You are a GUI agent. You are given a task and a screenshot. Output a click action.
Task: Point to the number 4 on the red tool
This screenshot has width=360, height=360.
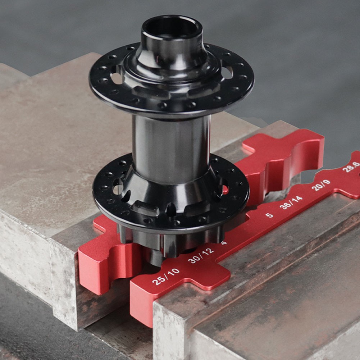[x=224, y=243]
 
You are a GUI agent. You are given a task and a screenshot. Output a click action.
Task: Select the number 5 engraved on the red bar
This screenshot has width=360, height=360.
[x=269, y=215]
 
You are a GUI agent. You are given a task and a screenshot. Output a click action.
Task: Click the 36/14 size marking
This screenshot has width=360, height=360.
[x=291, y=202]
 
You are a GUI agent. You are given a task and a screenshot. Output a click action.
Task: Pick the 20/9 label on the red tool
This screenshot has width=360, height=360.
[x=321, y=185]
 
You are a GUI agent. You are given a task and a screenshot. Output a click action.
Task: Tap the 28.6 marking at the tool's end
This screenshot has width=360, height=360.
[x=351, y=167]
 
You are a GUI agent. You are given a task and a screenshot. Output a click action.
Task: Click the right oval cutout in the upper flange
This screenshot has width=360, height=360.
[x=227, y=72]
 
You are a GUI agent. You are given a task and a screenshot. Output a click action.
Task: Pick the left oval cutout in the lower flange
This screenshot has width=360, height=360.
[x=118, y=187]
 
